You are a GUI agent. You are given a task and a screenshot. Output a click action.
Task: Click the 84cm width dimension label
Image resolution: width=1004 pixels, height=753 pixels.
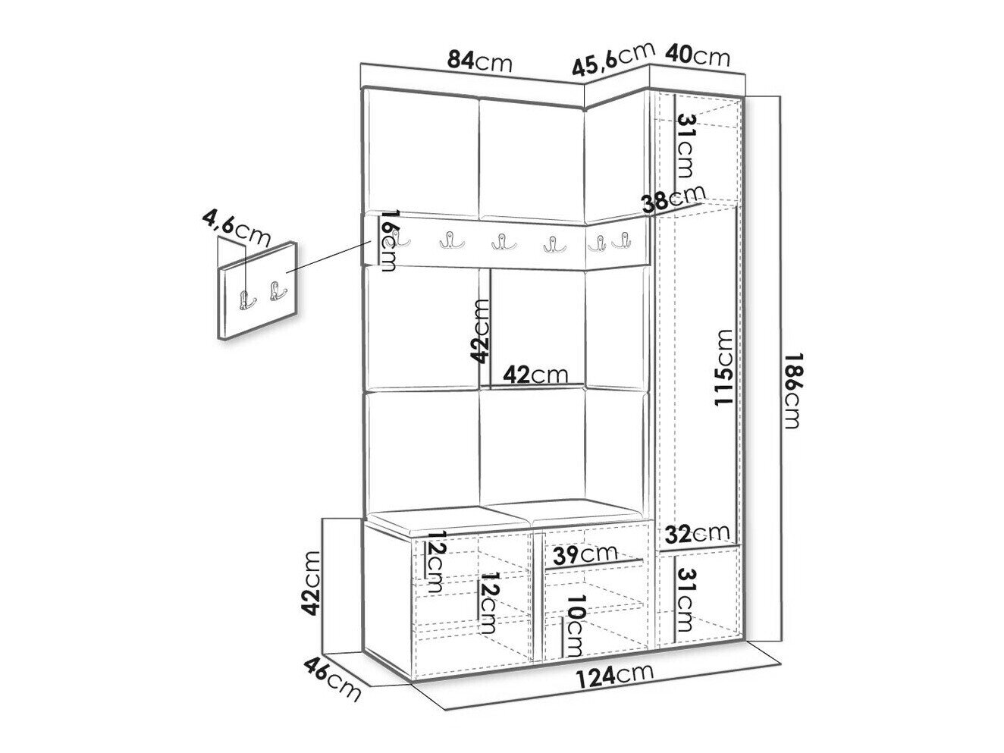479,61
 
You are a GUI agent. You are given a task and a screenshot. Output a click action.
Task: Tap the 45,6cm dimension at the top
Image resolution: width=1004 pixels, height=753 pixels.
613,59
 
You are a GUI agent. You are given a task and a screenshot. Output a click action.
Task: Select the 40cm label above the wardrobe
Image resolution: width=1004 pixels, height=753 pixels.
697,55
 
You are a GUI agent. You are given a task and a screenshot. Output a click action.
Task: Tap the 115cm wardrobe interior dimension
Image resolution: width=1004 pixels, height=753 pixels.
723,367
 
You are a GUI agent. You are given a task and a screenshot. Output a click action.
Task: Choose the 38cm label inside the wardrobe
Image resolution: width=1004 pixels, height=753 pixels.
673,199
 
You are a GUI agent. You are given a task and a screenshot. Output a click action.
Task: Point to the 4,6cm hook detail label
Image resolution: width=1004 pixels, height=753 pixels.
236,228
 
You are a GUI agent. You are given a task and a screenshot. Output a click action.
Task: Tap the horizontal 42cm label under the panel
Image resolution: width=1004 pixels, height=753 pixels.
535,375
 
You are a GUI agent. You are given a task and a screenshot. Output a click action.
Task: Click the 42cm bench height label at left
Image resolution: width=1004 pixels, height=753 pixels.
310,583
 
